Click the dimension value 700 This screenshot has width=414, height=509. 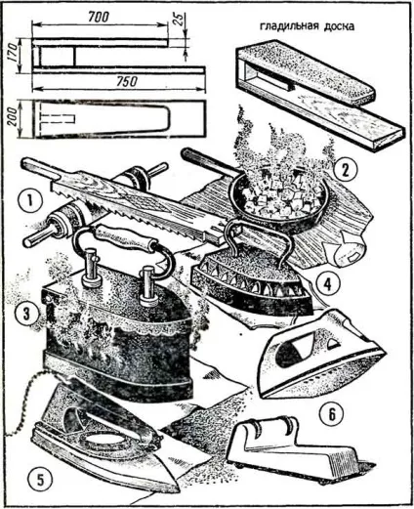tap(99, 17)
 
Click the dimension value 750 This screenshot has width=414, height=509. tap(126, 81)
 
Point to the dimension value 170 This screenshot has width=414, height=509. tap(13, 53)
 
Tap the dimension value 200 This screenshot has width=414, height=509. tap(14, 118)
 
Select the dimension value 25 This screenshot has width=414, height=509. tap(179, 20)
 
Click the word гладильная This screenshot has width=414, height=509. tap(288, 26)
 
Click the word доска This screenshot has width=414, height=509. tap(339, 26)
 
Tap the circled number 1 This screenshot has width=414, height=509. tap(30, 200)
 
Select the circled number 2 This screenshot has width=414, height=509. tap(345, 169)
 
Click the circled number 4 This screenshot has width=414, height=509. tap(328, 283)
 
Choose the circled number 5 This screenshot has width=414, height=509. tap(40, 480)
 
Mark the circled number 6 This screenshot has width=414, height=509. tap(331, 414)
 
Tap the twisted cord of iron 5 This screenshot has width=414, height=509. tap(24, 403)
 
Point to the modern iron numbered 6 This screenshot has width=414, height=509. tap(320, 354)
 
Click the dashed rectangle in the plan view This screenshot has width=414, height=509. tap(56, 119)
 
